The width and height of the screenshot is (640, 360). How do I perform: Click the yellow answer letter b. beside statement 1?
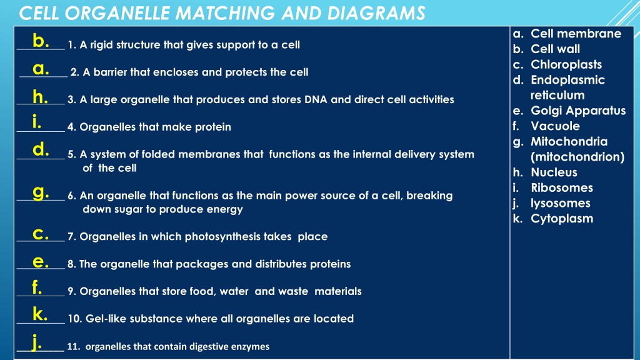[x=41, y=41]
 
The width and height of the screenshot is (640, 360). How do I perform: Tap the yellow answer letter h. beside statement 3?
[x=41, y=97]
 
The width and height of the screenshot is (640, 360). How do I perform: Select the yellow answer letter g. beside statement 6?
[x=41, y=192]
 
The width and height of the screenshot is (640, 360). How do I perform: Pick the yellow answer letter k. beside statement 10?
[x=40, y=314]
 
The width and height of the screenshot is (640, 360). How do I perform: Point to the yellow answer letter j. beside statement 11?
[x=37, y=342]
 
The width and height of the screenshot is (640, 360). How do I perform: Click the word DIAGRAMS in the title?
[x=376, y=13]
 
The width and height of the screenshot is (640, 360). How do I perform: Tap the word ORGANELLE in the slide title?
[x=117, y=13]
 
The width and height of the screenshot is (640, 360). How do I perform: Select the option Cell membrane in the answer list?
[x=576, y=34]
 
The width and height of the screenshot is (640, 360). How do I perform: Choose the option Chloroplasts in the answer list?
[x=566, y=64]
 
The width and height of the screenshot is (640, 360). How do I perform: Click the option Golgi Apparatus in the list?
[x=578, y=111]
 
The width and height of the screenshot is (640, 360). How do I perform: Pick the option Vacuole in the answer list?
[x=555, y=126]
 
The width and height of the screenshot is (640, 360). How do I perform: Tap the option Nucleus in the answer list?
[x=554, y=172]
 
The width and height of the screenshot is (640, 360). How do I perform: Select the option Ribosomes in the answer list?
[x=562, y=187]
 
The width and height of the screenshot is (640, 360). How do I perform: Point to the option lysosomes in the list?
[x=561, y=203]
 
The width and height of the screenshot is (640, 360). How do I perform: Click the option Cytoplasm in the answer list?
[x=562, y=219]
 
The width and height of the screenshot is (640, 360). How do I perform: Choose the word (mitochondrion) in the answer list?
[x=577, y=157]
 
